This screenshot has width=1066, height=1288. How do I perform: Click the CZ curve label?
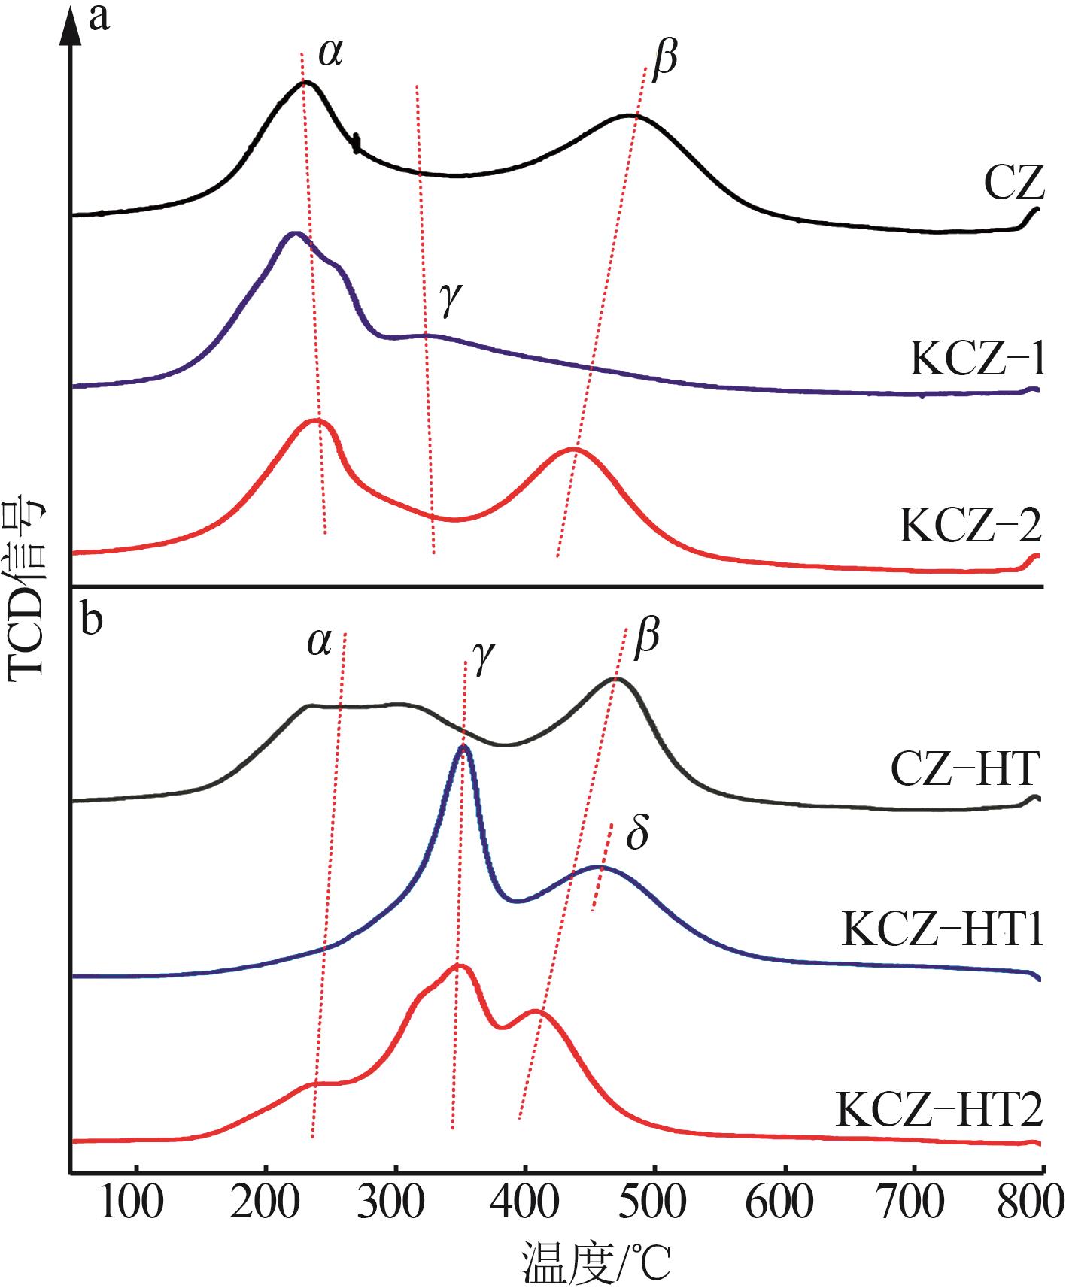point(1013,183)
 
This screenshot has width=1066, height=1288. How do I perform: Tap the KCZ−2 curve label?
point(970,526)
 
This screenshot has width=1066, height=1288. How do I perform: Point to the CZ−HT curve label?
point(965,770)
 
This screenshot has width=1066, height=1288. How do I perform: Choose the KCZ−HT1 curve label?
point(943,931)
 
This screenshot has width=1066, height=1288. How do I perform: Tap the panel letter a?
point(100,17)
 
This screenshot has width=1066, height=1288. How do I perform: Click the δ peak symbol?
point(637,835)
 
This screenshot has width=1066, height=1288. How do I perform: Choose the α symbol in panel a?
point(330,53)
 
